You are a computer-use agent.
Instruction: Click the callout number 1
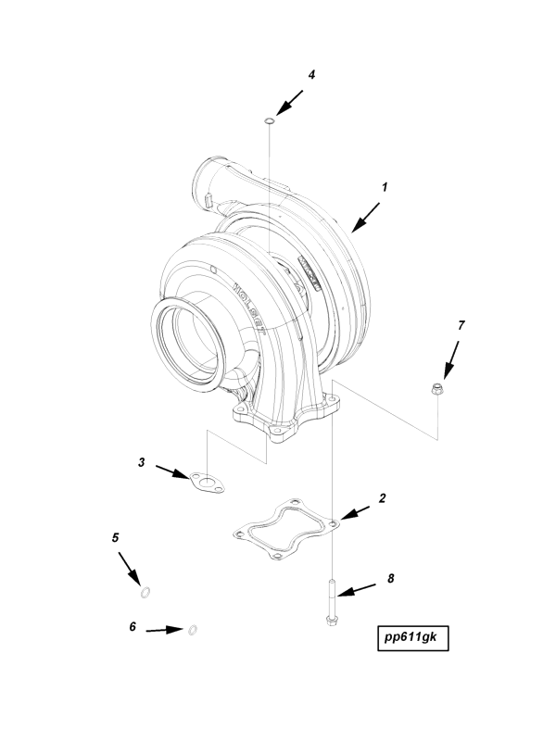coord(384,186)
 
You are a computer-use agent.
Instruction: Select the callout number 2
coord(382,497)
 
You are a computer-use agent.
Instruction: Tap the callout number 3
coord(141,460)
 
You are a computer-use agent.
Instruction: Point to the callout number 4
coord(311,75)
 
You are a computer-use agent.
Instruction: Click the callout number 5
coord(116,536)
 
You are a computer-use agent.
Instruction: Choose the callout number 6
coord(133,627)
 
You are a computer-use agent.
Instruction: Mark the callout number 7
coord(461,325)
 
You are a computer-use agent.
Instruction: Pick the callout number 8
coord(390,578)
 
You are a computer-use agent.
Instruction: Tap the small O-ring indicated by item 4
coord(269,119)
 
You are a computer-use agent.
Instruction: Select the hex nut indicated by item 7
coord(436,390)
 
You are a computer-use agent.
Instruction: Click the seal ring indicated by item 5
coord(146,592)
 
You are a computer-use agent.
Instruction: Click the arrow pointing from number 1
coord(365,214)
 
